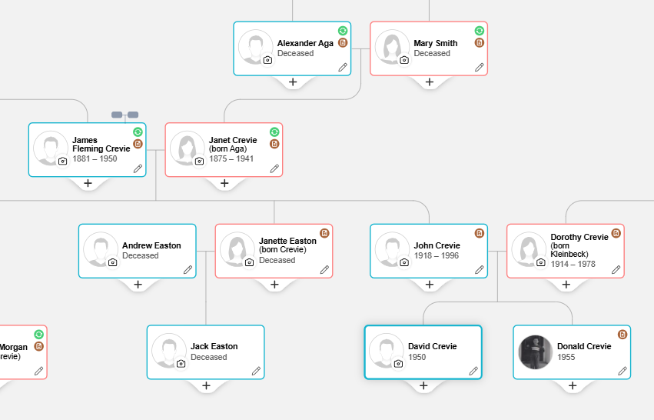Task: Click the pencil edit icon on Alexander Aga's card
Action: (x=343, y=67)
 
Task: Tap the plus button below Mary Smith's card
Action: (x=429, y=82)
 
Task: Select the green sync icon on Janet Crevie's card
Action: (x=274, y=132)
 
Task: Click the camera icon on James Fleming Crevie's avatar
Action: (x=62, y=161)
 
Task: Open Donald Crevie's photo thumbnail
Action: (x=536, y=352)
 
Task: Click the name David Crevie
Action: (x=432, y=346)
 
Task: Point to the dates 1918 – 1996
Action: (x=436, y=255)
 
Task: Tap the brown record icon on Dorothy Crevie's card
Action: (x=616, y=233)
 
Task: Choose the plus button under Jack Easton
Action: (x=206, y=385)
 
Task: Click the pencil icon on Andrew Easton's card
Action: (x=188, y=270)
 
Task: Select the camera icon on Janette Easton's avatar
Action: (x=250, y=262)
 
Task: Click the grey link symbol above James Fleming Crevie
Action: (x=124, y=115)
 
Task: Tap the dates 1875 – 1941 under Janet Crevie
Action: (x=231, y=158)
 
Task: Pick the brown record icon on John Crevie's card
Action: (x=480, y=233)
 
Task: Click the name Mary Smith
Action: (x=436, y=43)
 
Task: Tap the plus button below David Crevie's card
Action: (x=423, y=385)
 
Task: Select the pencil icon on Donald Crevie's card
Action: (x=622, y=371)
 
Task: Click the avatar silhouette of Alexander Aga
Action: (x=256, y=47)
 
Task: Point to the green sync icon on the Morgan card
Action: (x=38, y=335)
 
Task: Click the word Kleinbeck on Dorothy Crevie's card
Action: (x=569, y=254)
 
